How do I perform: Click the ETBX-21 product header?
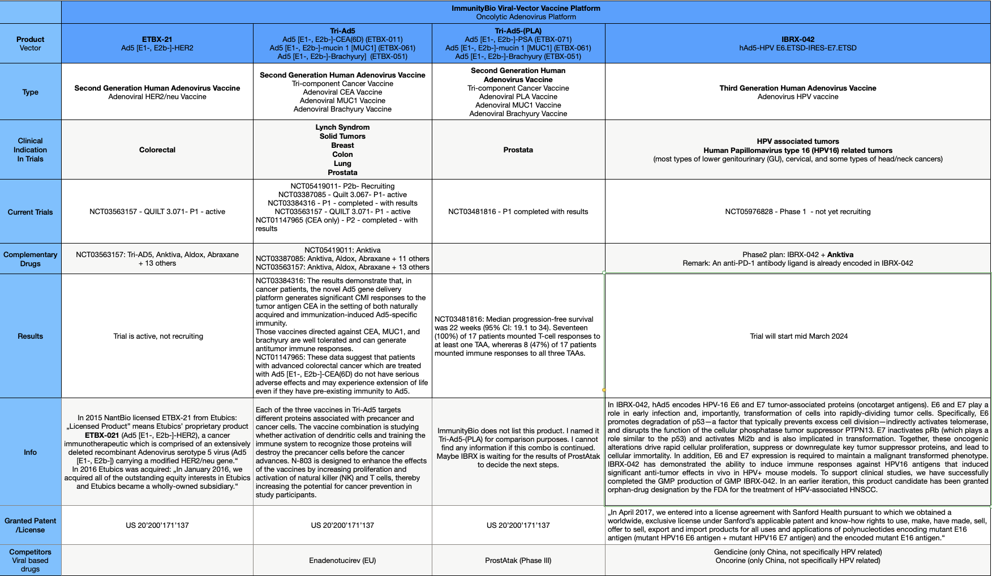pos(157,40)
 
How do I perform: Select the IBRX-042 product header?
pos(797,40)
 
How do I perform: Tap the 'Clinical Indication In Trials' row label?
pos(31,150)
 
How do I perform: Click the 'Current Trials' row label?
pos(31,212)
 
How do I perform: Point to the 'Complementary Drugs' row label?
pos(31,259)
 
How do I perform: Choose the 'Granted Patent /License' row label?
pos(31,525)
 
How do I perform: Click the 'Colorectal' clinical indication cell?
pos(157,150)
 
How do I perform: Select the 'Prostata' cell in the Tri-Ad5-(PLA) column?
pos(518,150)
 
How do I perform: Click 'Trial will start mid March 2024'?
pos(798,336)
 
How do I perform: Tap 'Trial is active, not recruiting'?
pos(158,336)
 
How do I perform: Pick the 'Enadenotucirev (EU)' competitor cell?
pos(342,560)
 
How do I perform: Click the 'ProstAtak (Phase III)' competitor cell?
pos(518,560)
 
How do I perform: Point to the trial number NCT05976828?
pos(749,211)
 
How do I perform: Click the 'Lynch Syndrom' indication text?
pos(342,127)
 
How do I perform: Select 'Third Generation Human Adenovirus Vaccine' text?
pos(797,88)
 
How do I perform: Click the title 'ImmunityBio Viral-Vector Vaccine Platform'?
pos(526,8)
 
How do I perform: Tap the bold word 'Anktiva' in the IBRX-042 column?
pos(840,254)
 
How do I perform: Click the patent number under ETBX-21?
pos(157,525)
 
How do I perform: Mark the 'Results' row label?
pos(31,336)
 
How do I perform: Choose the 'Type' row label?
pos(31,92)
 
